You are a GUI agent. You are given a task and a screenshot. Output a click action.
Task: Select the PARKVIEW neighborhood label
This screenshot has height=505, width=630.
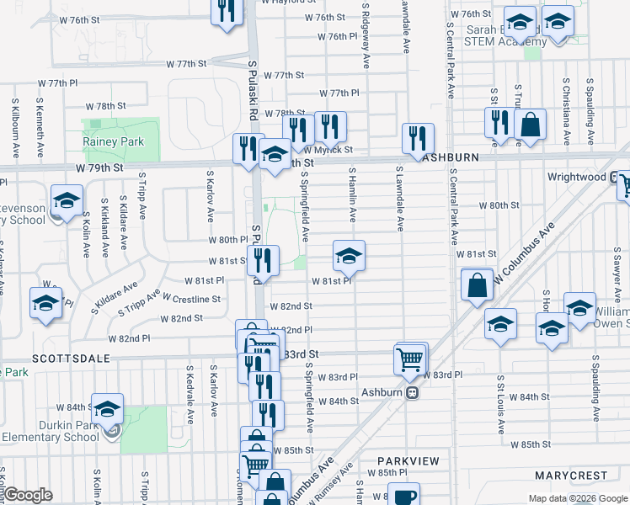[408, 461]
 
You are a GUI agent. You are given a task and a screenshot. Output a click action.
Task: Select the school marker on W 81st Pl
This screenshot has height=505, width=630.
[349, 256]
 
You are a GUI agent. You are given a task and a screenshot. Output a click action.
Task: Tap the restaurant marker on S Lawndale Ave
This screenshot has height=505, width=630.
[418, 139]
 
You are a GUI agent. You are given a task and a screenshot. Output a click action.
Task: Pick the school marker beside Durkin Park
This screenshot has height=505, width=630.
[107, 409]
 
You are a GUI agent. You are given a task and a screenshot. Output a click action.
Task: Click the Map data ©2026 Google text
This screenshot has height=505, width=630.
[577, 498]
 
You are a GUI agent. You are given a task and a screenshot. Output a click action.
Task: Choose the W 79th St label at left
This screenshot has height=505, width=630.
[99, 167]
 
